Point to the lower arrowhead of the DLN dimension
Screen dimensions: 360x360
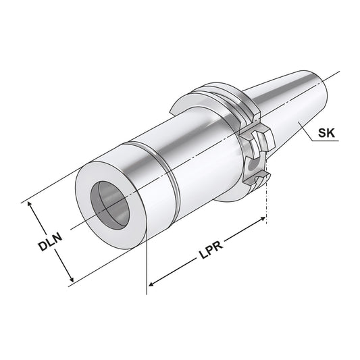click(70, 279)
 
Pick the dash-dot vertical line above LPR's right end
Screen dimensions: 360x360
click(268, 199)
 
